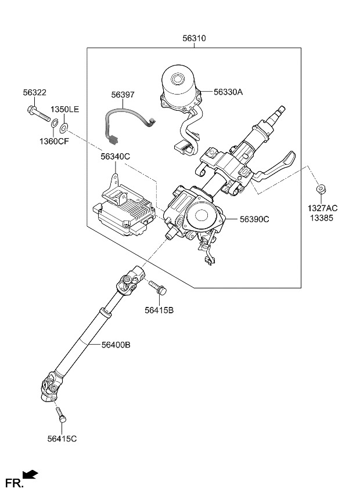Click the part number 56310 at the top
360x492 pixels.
(x=194, y=38)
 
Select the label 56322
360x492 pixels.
(x=35, y=92)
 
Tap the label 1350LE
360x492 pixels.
(x=64, y=110)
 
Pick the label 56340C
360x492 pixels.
(x=115, y=157)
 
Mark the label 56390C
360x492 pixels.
(x=255, y=219)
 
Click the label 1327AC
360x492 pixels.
(x=323, y=208)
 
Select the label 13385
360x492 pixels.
(x=323, y=217)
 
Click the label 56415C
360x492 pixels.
(x=62, y=439)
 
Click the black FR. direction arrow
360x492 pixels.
(x=30, y=475)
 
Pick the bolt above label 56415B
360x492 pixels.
(x=157, y=287)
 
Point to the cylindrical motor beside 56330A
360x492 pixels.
(x=179, y=84)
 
